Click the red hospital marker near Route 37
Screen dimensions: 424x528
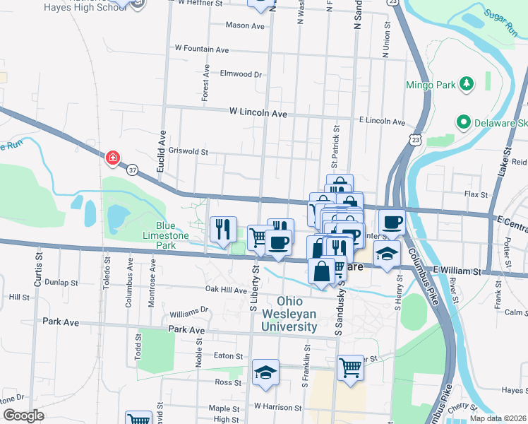pos(112,158)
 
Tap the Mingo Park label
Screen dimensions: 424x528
pos(429,86)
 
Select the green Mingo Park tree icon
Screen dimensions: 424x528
pos(466,85)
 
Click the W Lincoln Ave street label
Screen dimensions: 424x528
pos(258,113)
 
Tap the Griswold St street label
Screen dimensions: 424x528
pos(184,151)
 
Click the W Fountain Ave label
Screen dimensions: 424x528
pos(202,49)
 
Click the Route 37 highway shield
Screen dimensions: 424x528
pos(133,170)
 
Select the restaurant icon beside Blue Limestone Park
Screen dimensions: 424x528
pos(223,229)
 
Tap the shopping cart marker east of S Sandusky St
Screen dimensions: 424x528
pos(350,367)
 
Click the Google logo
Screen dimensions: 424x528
pos(23,416)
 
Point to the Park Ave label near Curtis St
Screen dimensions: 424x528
pos(59,321)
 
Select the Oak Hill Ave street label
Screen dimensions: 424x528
pos(226,289)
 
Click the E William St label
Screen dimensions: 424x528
pos(457,271)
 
